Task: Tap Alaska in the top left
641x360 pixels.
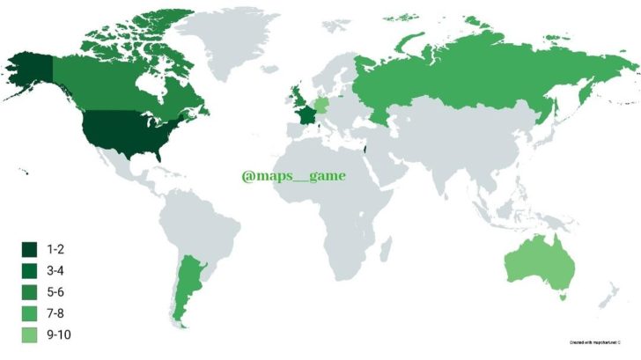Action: pyautogui.click(x=31, y=70)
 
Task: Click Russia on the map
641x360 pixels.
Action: pyautogui.click(x=458, y=79)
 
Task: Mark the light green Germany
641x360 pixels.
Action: pyautogui.click(x=320, y=105)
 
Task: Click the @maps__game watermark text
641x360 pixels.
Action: pyautogui.click(x=293, y=175)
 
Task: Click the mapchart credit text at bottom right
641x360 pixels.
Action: pyautogui.click(x=595, y=341)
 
